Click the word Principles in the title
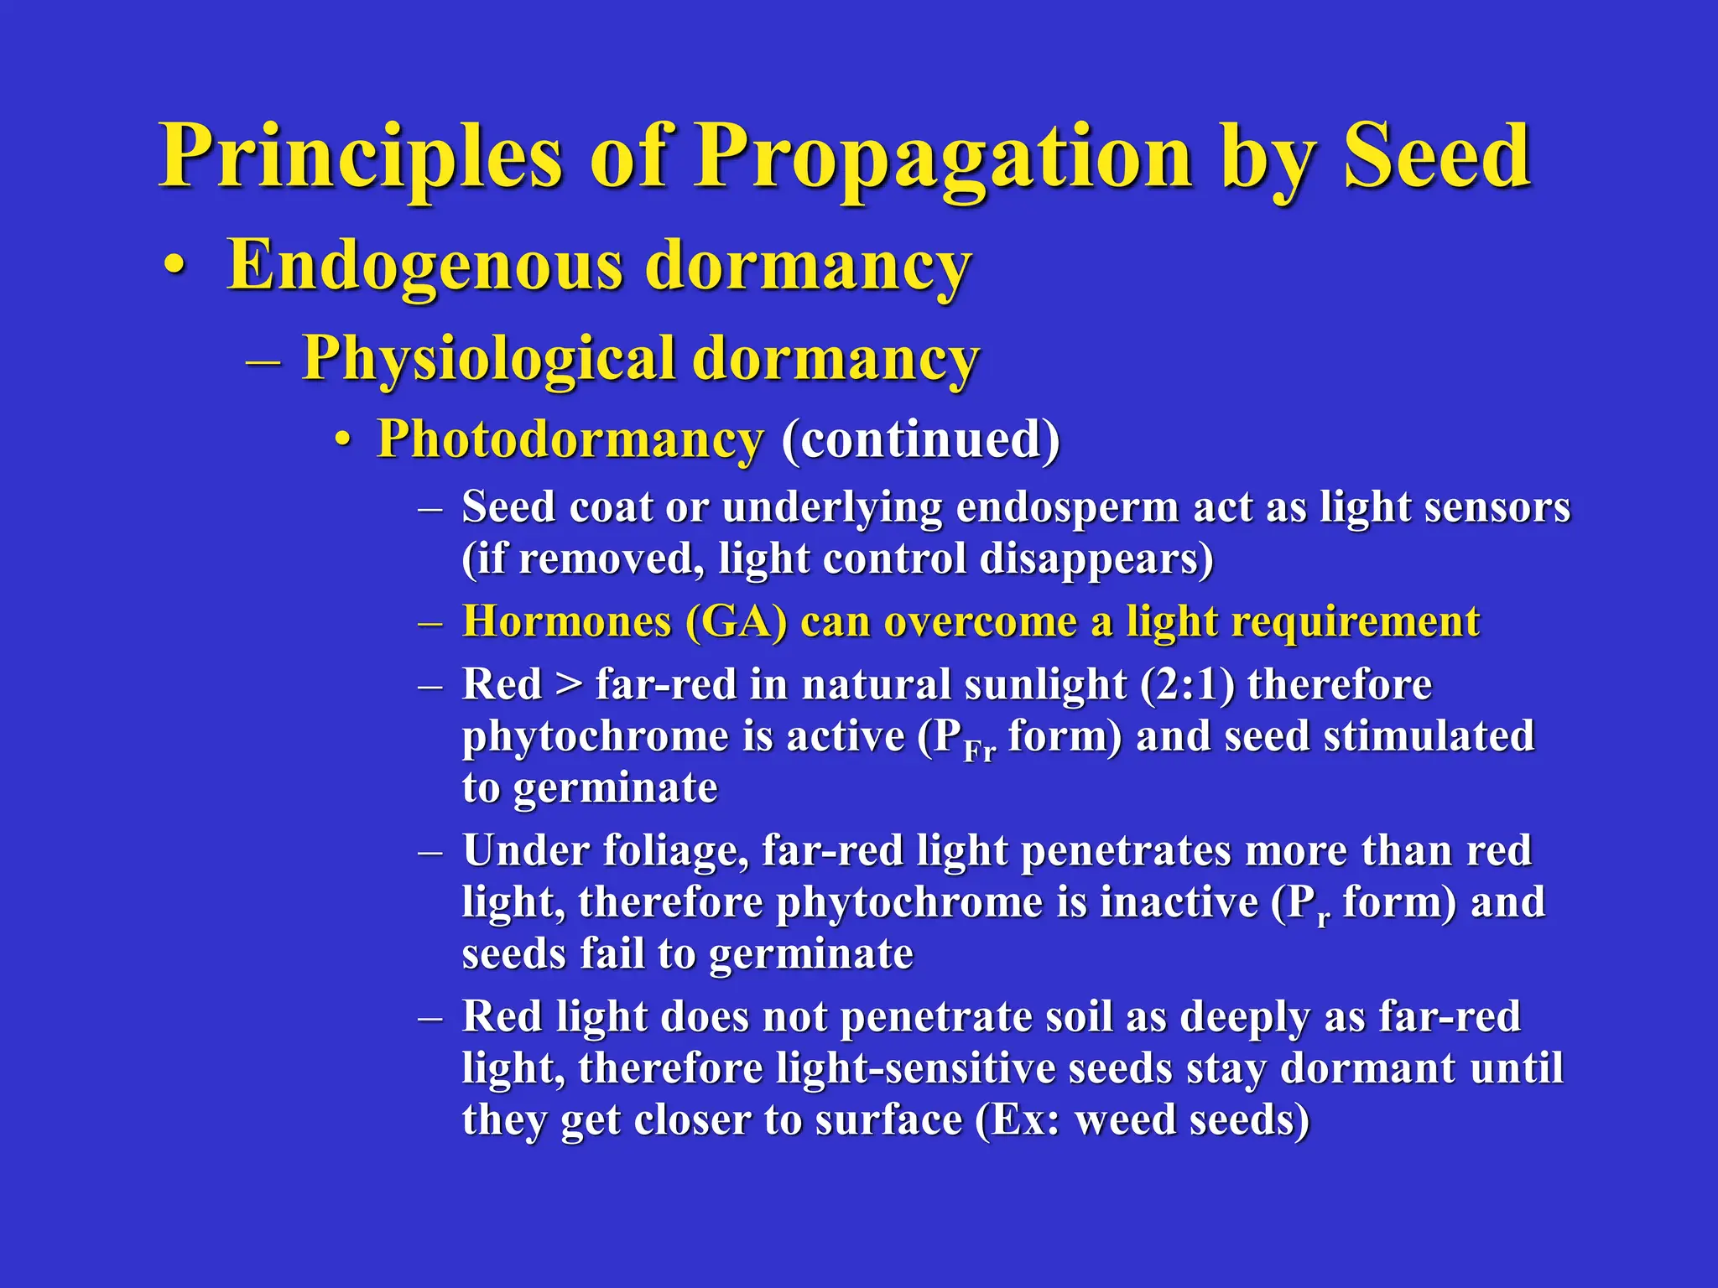coord(361,157)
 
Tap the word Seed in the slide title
coord(1437,157)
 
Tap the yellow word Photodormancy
coord(570,439)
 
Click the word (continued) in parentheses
coord(920,439)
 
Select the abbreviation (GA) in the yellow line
coord(736,622)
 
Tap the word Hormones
coord(567,622)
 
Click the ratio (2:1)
coord(1186,684)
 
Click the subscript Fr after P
coord(979,750)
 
